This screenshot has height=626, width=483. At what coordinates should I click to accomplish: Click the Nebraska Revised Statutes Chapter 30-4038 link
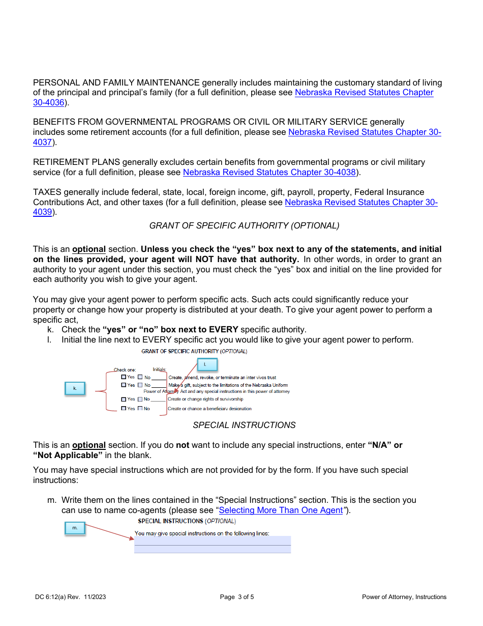(x=269, y=173)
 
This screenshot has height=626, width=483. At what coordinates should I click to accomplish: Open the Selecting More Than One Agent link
(x=281, y=510)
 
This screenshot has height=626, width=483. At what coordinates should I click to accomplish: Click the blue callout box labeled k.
(x=75, y=388)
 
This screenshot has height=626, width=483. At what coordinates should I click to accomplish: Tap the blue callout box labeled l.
(x=205, y=364)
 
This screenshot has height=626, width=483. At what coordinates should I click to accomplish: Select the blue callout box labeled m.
(x=75, y=528)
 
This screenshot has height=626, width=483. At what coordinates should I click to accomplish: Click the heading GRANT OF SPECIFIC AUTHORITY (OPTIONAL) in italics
(x=244, y=225)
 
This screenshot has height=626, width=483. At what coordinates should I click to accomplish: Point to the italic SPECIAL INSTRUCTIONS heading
(x=244, y=425)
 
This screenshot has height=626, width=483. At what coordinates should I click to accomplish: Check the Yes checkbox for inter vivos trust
(x=124, y=378)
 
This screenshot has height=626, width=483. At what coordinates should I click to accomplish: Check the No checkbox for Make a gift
(x=140, y=385)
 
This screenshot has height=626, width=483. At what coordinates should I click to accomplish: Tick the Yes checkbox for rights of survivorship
(x=124, y=400)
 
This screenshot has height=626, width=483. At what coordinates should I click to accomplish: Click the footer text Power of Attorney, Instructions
(x=404, y=597)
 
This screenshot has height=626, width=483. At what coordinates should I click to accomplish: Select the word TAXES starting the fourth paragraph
(x=47, y=192)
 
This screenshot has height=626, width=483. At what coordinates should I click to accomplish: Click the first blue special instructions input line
(x=213, y=540)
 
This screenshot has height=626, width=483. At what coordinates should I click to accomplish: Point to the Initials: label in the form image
(x=160, y=369)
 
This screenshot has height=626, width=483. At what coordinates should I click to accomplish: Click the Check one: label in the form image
(x=125, y=370)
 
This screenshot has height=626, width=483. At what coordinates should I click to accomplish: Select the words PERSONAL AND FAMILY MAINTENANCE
(x=116, y=83)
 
